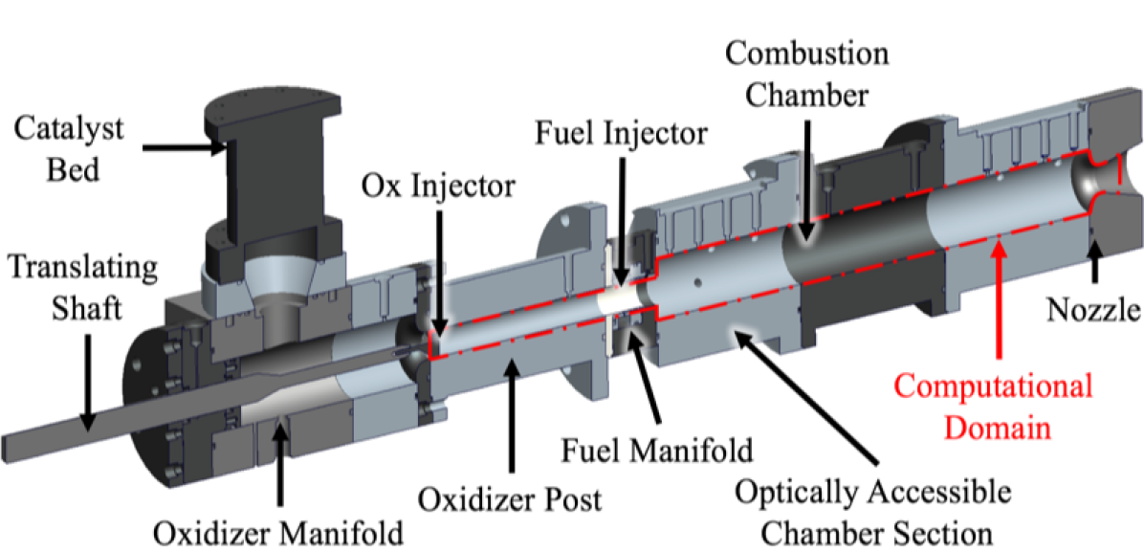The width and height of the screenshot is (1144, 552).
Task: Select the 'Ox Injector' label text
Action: (x=438, y=186)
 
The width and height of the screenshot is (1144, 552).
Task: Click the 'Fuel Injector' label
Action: (x=622, y=132)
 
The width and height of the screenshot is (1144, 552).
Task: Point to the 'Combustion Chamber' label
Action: (x=807, y=74)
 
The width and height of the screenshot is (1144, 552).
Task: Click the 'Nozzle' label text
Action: (x=1090, y=309)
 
